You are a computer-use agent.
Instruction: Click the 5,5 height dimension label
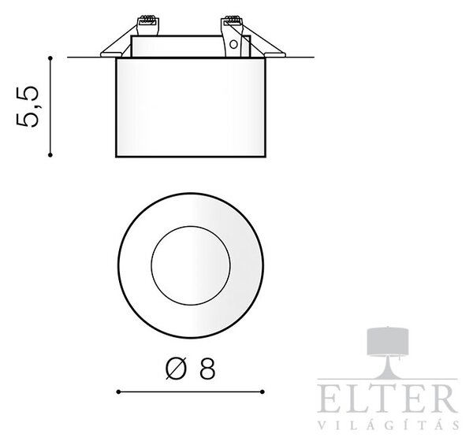click(x=27, y=106)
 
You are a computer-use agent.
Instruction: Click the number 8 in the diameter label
click(x=207, y=368)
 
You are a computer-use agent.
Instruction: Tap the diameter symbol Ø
click(x=176, y=368)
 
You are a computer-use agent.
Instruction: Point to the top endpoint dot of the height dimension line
click(x=50, y=57)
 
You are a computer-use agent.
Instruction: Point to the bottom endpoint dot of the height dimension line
click(x=50, y=155)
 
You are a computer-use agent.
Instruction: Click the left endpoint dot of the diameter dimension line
click(x=118, y=391)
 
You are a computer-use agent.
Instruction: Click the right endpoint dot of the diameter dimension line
click(x=263, y=391)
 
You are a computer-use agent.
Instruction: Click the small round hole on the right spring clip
click(x=233, y=45)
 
